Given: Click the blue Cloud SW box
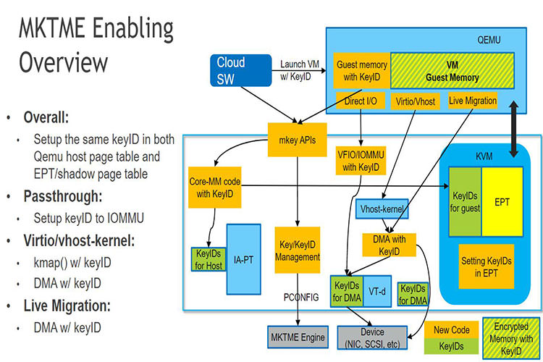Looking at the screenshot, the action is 240,70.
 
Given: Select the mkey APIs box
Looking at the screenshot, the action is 297,140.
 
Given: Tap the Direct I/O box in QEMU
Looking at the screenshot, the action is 361,101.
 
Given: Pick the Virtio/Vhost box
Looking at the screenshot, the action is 416,101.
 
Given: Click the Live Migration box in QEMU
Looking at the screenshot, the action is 473,101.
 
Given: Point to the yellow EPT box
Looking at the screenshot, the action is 502,201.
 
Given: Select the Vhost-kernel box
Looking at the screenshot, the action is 382,209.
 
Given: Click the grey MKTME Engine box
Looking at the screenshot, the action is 298,337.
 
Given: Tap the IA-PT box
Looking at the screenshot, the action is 243,259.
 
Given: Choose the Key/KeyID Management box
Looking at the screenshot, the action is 298,250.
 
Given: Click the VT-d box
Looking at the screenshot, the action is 377,291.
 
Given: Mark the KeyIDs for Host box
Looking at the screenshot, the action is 209,259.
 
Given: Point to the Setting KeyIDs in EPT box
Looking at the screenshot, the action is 487,266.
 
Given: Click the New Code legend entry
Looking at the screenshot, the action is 451,330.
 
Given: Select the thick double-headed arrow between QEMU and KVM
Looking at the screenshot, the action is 513,129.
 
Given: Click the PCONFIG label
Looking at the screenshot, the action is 301,298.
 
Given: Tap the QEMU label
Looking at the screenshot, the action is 489,40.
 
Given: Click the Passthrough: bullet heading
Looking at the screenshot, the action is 63,196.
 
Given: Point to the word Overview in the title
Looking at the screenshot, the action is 64,62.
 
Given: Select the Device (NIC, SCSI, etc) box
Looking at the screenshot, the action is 372,337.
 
